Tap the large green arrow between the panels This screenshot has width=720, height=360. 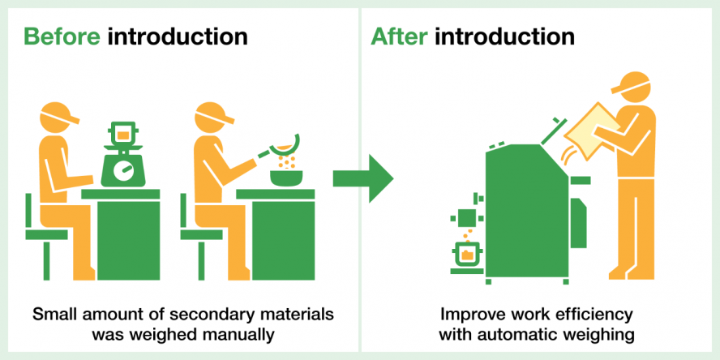point(362,178)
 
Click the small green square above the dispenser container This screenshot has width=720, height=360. point(467,217)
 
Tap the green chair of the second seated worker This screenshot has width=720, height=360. point(199,235)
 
